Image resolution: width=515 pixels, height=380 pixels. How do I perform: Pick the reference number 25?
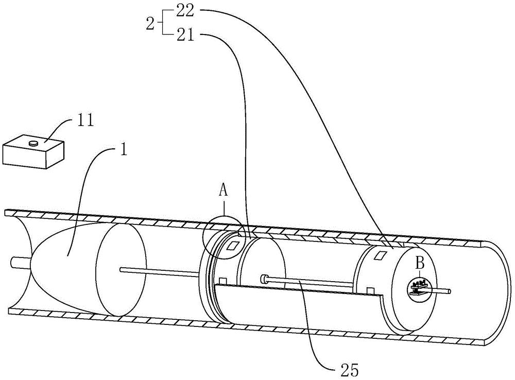pyautogui.click(x=349, y=370)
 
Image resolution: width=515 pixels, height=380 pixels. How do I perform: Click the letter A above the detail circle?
pyautogui.click(x=224, y=191)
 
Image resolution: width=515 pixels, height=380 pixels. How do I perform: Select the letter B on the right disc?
pyautogui.click(x=419, y=264)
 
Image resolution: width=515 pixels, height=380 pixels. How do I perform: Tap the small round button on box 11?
pyautogui.click(x=33, y=143)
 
